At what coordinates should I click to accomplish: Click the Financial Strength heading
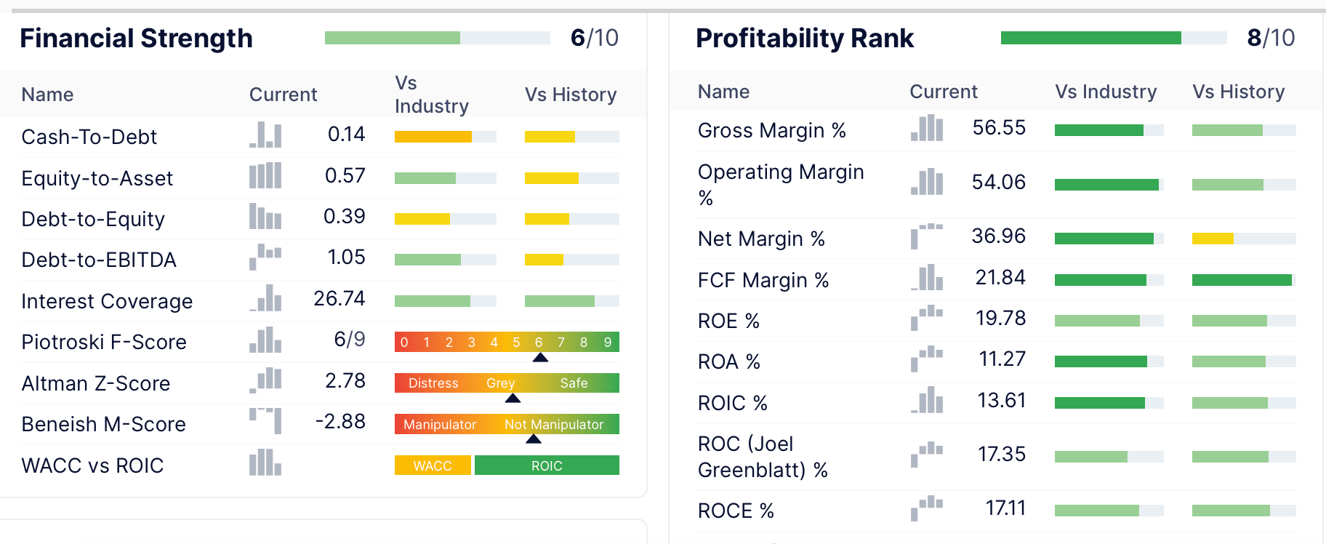(x=136, y=38)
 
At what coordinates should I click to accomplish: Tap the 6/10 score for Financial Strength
(x=594, y=38)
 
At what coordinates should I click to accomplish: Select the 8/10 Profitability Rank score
(x=1270, y=38)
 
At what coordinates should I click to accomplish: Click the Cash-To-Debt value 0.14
(x=346, y=135)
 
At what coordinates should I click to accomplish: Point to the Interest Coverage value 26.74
(x=339, y=299)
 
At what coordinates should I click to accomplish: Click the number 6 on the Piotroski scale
(x=539, y=343)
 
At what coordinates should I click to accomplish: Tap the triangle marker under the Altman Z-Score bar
(x=513, y=399)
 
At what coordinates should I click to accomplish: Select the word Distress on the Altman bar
(x=433, y=383)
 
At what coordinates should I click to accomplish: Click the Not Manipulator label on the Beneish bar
(x=554, y=425)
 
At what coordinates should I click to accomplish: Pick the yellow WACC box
(x=433, y=465)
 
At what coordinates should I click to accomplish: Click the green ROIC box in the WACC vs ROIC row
(x=547, y=465)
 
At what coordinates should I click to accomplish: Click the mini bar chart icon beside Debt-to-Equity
(x=265, y=217)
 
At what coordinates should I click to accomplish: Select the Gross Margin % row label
(x=771, y=131)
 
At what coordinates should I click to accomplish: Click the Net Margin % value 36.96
(x=998, y=236)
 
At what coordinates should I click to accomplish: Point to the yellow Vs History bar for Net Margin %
(x=1213, y=239)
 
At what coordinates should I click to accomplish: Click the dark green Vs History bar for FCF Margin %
(x=1241, y=280)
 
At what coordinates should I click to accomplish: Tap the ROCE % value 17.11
(x=1005, y=508)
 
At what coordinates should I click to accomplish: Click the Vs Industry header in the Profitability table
(x=1106, y=92)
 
